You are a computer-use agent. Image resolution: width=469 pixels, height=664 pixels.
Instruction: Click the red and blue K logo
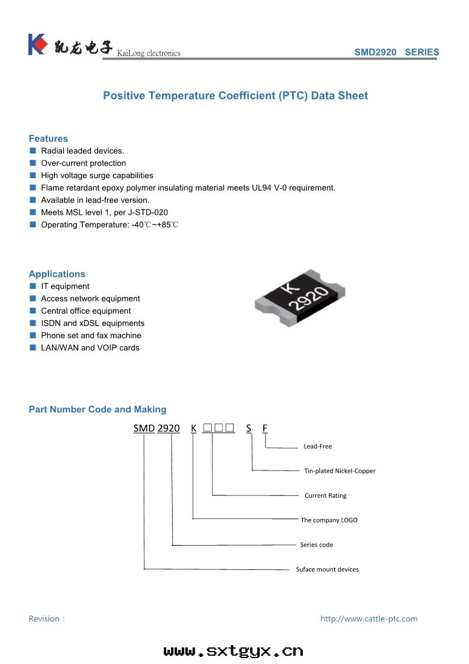tap(37, 44)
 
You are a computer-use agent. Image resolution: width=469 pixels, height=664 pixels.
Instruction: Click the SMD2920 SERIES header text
tap(396, 52)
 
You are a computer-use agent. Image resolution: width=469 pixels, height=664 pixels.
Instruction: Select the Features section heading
tap(48, 138)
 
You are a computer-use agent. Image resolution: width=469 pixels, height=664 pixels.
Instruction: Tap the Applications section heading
tap(57, 274)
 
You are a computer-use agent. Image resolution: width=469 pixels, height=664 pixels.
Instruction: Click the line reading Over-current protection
tap(83, 163)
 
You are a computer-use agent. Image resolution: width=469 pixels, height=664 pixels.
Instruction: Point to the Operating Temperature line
tap(109, 225)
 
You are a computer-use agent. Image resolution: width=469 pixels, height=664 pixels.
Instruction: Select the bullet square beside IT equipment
tap(33, 286)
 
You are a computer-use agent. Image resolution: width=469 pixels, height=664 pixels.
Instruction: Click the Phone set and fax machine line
tap(91, 336)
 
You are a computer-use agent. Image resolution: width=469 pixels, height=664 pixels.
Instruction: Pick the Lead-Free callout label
tap(318, 446)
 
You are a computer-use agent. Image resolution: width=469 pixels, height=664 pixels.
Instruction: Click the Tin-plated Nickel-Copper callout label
tap(339, 471)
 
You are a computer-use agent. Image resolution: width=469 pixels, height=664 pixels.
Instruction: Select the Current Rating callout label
tap(325, 495)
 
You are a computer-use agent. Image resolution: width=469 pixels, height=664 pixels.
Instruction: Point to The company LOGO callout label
tap(329, 520)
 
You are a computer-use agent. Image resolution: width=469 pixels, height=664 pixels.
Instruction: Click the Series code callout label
tap(316, 544)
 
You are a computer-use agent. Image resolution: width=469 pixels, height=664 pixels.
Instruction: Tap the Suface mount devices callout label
tap(327, 569)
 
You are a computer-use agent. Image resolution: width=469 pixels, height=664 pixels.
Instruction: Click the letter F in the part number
tap(265, 428)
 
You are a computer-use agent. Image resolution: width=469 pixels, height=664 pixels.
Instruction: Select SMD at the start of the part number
tap(144, 428)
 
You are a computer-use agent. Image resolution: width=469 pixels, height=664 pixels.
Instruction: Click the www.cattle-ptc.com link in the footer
tap(368, 618)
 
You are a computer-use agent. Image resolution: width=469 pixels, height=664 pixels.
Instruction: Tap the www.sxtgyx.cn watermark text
tap(233, 651)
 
